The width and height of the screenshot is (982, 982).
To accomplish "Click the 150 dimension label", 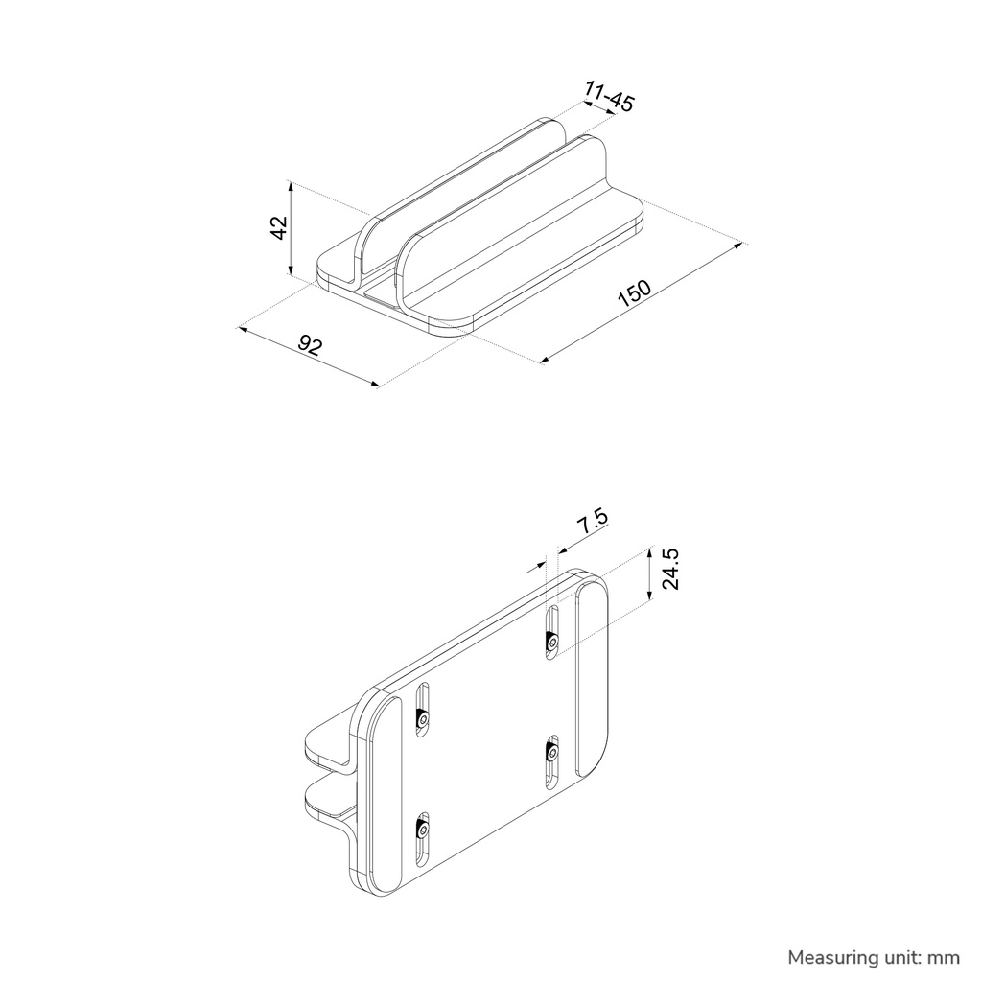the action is click(x=635, y=293).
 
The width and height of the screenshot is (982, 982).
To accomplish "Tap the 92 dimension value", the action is click(x=310, y=344).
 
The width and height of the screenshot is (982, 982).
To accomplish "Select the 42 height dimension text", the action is click(x=278, y=227).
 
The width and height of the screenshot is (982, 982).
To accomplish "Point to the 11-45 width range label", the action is click(x=609, y=96).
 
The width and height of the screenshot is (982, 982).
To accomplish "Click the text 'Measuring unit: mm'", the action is click(x=874, y=958).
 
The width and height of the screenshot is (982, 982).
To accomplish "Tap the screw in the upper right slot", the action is click(x=552, y=642).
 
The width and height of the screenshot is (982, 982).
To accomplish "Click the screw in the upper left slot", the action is click(x=423, y=719).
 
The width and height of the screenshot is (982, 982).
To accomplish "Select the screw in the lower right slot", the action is click(x=551, y=754).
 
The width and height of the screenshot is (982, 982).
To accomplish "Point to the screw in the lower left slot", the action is click(x=423, y=830).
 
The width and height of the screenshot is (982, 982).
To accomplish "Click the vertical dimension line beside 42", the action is click(x=290, y=228).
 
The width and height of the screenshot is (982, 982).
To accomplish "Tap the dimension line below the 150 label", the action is click(x=641, y=303).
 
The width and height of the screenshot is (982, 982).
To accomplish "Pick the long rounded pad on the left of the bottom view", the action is click(x=385, y=794).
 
